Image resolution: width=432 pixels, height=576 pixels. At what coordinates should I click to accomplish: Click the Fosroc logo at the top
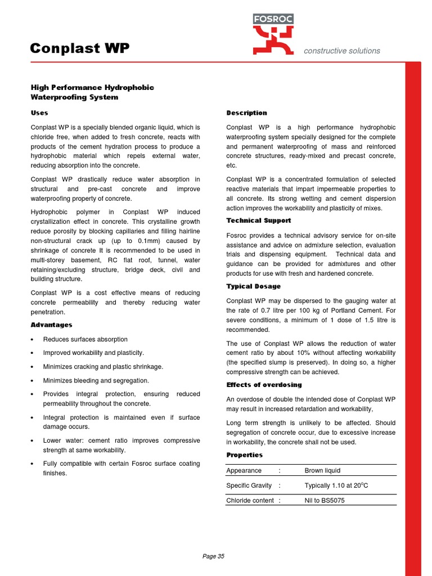tap(273, 34)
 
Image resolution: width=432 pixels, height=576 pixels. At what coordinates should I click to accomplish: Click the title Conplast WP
tap(79, 49)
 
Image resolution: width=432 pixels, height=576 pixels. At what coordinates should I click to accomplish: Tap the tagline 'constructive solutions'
tap(341, 51)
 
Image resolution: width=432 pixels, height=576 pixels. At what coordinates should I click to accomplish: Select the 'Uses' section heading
tap(39, 113)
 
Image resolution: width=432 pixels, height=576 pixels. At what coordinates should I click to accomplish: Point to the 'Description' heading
tap(246, 113)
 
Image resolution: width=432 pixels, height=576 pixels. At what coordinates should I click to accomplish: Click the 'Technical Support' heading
tap(258, 220)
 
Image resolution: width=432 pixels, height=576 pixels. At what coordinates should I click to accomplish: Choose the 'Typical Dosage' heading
tap(253, 286)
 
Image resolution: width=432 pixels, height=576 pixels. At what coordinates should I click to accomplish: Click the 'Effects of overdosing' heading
tap(264, 385)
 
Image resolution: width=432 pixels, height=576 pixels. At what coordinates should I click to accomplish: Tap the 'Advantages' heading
tap(51, 325)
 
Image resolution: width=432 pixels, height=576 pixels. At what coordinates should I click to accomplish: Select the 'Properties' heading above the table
tap(244, 454)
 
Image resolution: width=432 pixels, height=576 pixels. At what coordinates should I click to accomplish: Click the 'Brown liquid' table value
tap(322, 470)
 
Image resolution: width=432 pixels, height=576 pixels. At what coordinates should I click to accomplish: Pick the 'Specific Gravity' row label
tap(249, 485)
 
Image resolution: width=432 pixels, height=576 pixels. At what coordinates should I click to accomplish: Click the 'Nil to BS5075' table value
tap(325, 501)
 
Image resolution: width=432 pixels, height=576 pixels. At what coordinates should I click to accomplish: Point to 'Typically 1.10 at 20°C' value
tap(336, 485)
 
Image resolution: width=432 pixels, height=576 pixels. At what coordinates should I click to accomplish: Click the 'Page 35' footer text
tap(213, 556)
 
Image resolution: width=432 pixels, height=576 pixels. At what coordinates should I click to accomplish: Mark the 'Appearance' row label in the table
tap(244, 470)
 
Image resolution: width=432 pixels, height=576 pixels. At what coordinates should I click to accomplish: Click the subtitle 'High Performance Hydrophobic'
tap(92, 88)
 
